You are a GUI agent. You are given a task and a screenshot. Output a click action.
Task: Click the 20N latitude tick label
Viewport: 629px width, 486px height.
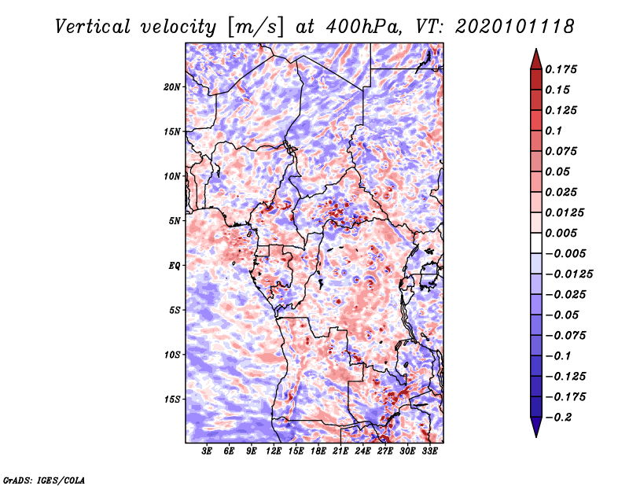point(172,87)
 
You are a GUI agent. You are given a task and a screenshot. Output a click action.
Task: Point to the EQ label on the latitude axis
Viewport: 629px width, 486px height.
point(174,266)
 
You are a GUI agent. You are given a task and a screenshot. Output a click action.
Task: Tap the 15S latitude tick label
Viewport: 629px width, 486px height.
point(172,399)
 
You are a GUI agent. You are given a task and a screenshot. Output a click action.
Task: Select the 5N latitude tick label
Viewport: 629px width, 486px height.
point(175,221)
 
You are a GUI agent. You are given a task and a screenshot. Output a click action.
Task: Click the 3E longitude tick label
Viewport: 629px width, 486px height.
point(208,452)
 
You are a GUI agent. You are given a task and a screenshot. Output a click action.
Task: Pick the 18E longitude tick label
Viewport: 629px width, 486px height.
point(318,452)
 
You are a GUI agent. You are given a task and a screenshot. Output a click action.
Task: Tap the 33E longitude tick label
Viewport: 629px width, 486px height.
point(429,452)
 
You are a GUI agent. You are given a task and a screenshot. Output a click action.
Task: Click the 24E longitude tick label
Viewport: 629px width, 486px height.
point(362,452)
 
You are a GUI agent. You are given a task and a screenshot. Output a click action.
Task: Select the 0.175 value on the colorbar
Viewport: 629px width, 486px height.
point(562,70)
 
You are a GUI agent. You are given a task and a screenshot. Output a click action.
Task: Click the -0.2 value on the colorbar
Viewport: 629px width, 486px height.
point(561,418)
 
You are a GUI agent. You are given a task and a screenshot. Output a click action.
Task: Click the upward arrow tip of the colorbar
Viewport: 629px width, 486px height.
point(535,50)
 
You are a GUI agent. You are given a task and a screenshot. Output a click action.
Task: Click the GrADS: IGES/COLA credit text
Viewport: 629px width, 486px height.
point(43,479)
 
